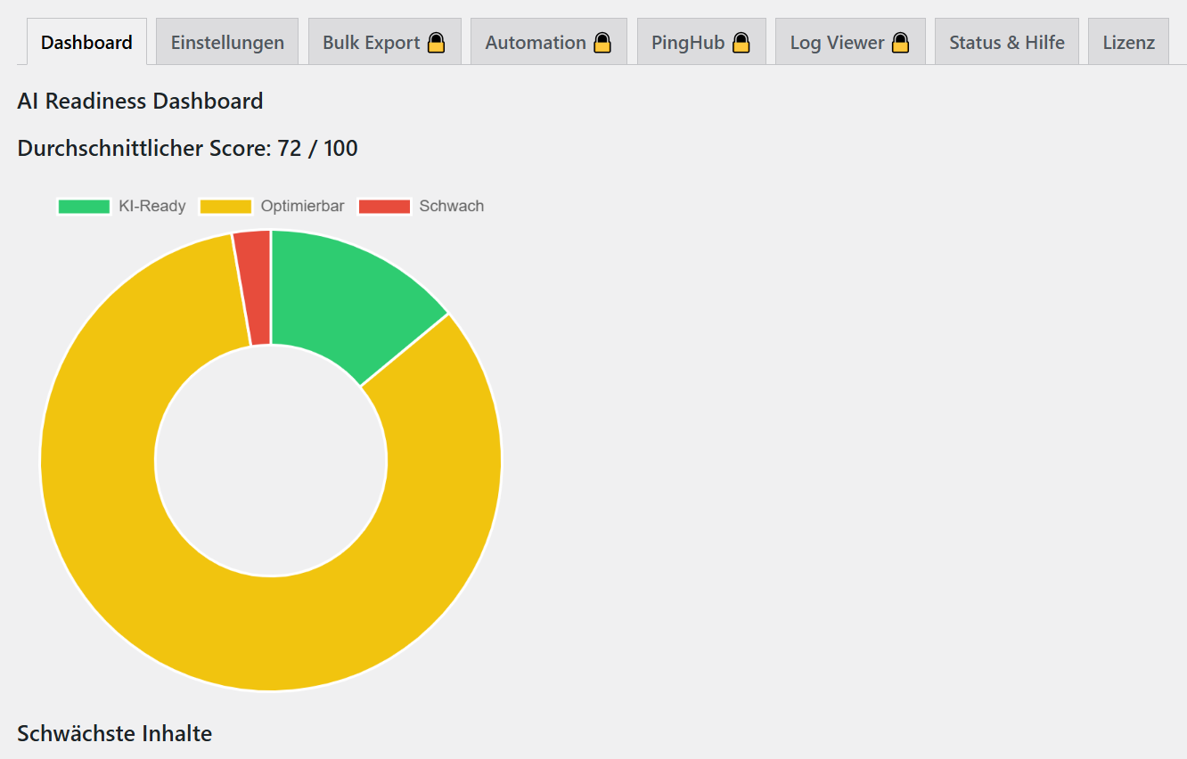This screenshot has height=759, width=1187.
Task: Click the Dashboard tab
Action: [x=86, y=42]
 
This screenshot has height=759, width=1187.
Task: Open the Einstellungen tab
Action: [x=227, y=42]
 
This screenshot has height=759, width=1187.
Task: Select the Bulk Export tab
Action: [x=372, y=42]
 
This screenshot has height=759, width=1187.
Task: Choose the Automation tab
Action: [x=536, y=42]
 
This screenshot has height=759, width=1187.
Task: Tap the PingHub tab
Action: [x=688, y=42]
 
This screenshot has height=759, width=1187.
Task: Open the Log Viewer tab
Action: [x=837, y=42]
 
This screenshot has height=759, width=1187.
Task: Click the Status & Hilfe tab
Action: [x=1006, y=42]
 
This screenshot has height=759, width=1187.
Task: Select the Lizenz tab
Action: [x=1128, y=42]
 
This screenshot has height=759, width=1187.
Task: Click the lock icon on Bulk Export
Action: [x=436, y=42]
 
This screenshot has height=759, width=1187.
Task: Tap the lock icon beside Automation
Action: [x=602, y=42]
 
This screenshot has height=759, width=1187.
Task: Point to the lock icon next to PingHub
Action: [x=741, y=42]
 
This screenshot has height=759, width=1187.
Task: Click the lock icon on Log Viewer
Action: [x=901, y=42]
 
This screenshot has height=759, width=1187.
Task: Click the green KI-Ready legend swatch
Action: [x=84, y=207]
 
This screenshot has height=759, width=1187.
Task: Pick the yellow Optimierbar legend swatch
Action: [x=225, y=207]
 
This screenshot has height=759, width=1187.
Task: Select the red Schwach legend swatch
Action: [x=384, y=207]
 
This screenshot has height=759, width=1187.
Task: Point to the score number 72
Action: [x=290, y=149]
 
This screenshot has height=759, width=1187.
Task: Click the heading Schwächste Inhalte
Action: [x=115, y=734]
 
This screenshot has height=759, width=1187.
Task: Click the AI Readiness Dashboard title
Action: [x=140, y=102]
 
